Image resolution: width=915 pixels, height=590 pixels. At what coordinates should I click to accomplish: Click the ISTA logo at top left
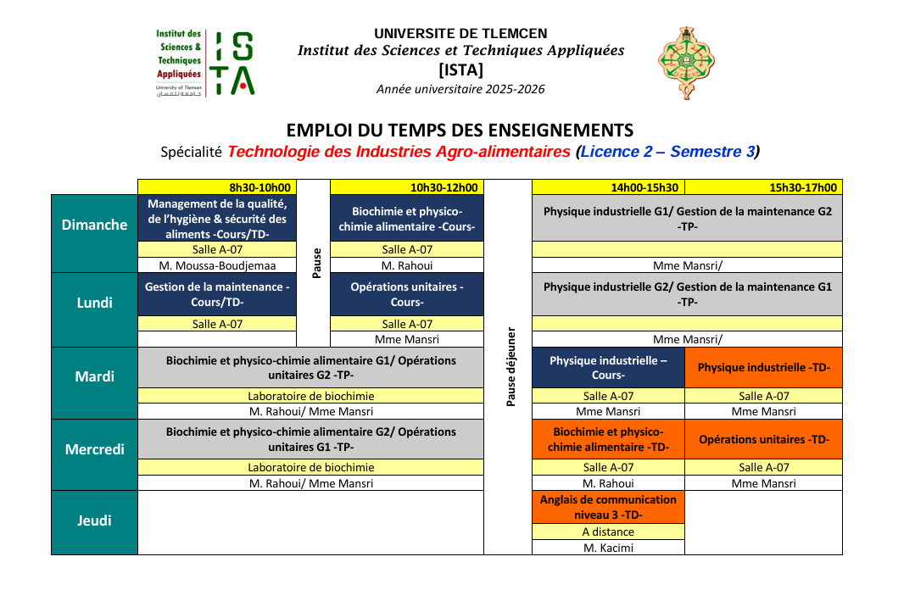204,63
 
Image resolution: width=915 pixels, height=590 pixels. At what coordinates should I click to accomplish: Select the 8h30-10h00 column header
218,187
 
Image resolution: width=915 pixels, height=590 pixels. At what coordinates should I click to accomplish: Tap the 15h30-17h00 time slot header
763,187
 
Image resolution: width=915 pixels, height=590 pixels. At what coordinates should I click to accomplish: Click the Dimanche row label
94,225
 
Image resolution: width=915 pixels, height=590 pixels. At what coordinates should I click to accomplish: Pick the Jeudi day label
94,520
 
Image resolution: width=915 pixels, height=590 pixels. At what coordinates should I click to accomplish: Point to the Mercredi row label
94,449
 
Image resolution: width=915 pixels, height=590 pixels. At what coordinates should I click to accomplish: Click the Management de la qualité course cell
218,219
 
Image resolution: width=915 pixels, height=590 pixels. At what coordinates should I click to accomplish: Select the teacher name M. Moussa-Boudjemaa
218,265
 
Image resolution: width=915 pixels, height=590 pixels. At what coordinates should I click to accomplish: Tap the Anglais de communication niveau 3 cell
608,507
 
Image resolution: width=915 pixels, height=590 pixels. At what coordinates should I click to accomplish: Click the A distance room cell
608,532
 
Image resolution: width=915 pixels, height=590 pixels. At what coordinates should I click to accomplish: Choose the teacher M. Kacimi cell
608,548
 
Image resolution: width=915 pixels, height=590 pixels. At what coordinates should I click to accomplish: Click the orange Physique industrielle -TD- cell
763,368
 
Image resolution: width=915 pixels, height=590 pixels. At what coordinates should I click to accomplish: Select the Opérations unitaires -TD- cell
763,440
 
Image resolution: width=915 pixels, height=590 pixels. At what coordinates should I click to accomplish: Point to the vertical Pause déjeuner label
511,366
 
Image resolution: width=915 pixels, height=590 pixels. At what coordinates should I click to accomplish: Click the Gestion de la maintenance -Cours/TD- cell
218,294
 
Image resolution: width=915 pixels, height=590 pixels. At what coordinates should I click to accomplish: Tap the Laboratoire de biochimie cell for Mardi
310,396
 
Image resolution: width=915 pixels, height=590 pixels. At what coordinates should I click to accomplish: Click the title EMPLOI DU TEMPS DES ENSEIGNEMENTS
460,131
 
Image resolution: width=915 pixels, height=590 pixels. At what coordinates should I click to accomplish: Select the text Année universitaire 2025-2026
460,89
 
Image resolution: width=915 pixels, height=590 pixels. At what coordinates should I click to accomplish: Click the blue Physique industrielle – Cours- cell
608,368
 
